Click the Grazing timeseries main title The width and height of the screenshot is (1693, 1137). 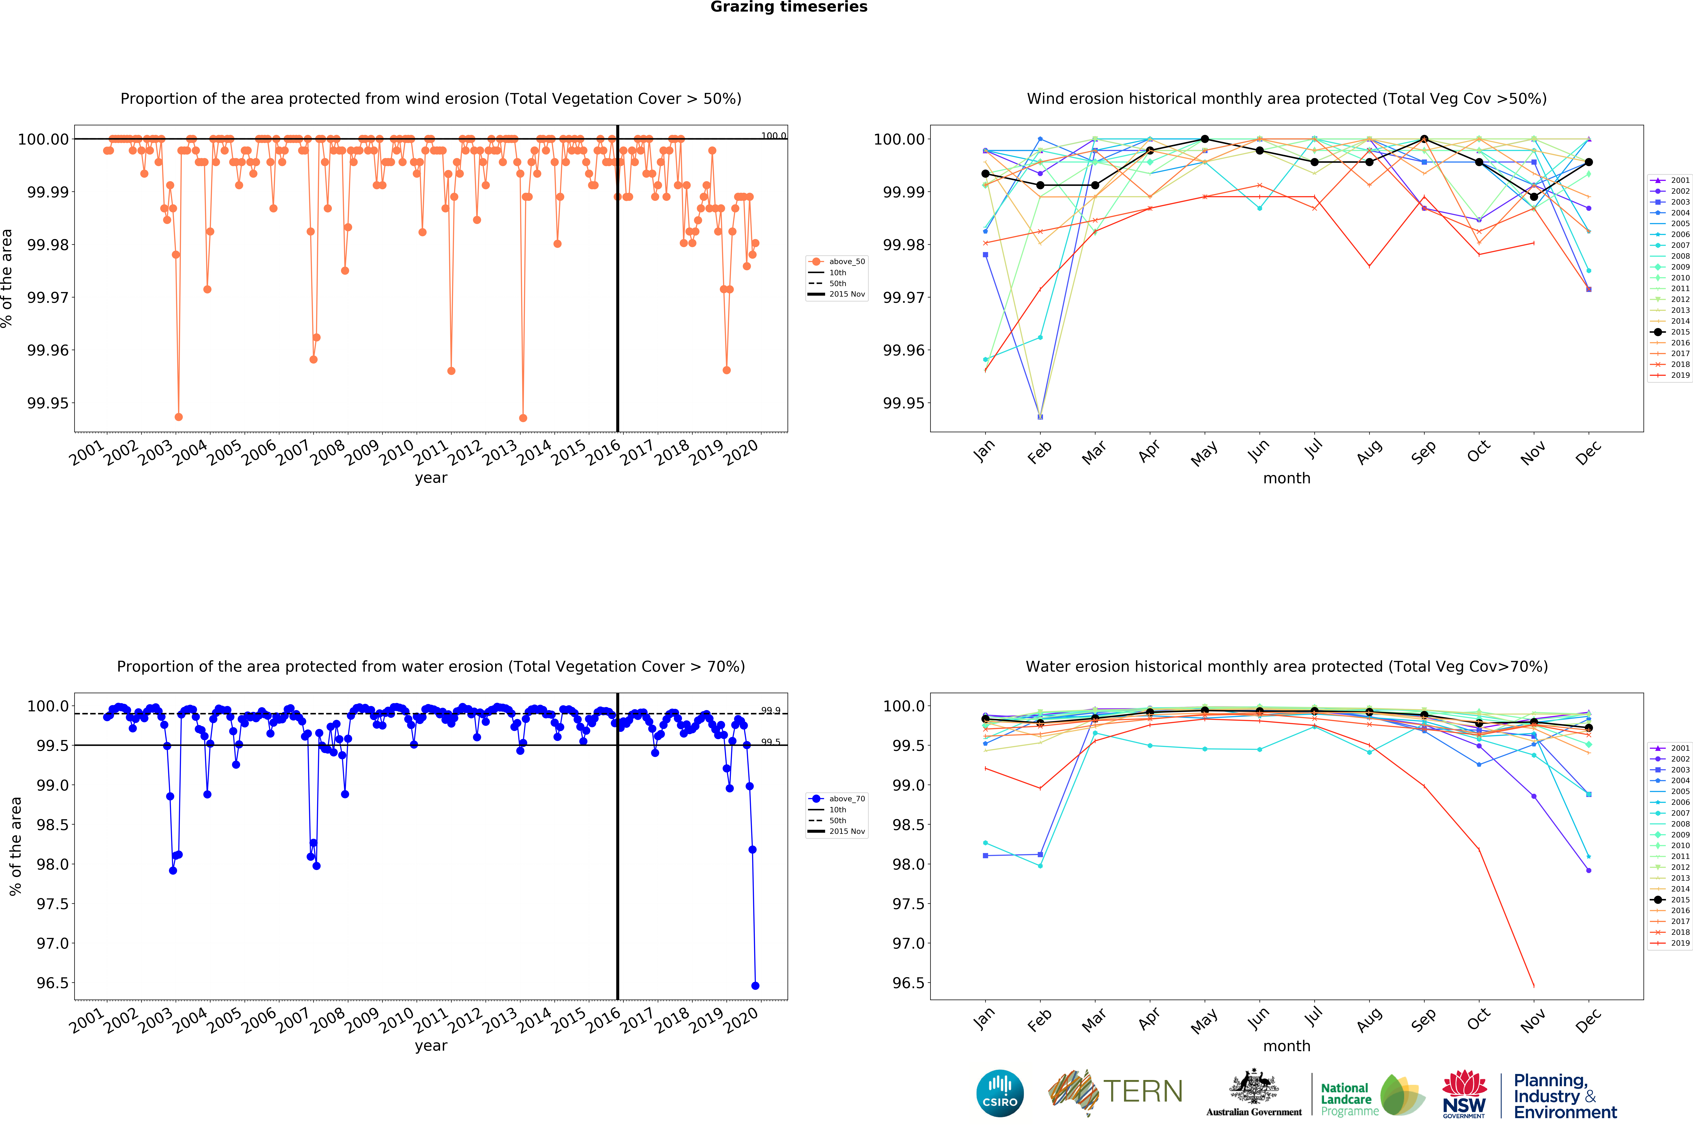click(x=788, y=7)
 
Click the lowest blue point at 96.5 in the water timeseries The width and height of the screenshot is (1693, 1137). click(x=755, y=986)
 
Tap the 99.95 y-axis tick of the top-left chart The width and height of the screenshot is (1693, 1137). click(x=48, y=403)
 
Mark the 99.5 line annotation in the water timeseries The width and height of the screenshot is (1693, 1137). click(x=770, y=742)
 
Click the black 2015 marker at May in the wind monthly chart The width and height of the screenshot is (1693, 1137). click(x=1205, y=139)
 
